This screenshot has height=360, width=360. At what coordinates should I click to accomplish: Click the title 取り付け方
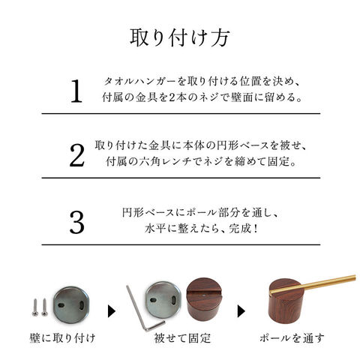pos(180,38)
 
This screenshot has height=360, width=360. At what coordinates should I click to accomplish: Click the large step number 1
pos(76,91)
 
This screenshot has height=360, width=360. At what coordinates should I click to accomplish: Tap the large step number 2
pos(77,155)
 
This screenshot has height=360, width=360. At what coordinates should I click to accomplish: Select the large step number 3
pos(77,222)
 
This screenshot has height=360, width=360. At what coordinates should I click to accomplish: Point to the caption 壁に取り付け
pos(62,338)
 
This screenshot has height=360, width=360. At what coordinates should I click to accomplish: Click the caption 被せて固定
pos(182,338)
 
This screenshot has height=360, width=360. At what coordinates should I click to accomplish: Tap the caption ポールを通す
pos(292,338)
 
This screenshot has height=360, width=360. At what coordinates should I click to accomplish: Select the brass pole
pos(313,284)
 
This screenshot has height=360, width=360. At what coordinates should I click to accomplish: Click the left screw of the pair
pos(35,307)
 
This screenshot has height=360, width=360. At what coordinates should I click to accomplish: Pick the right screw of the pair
pos(44,307)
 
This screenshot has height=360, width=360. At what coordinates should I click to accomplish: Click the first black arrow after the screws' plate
pos(112,311)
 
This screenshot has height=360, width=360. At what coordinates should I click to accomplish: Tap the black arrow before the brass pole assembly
pos(241,311)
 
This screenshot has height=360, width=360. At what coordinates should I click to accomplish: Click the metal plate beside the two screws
pos(71,305)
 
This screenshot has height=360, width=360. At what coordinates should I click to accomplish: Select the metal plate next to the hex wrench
pos(163,299)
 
